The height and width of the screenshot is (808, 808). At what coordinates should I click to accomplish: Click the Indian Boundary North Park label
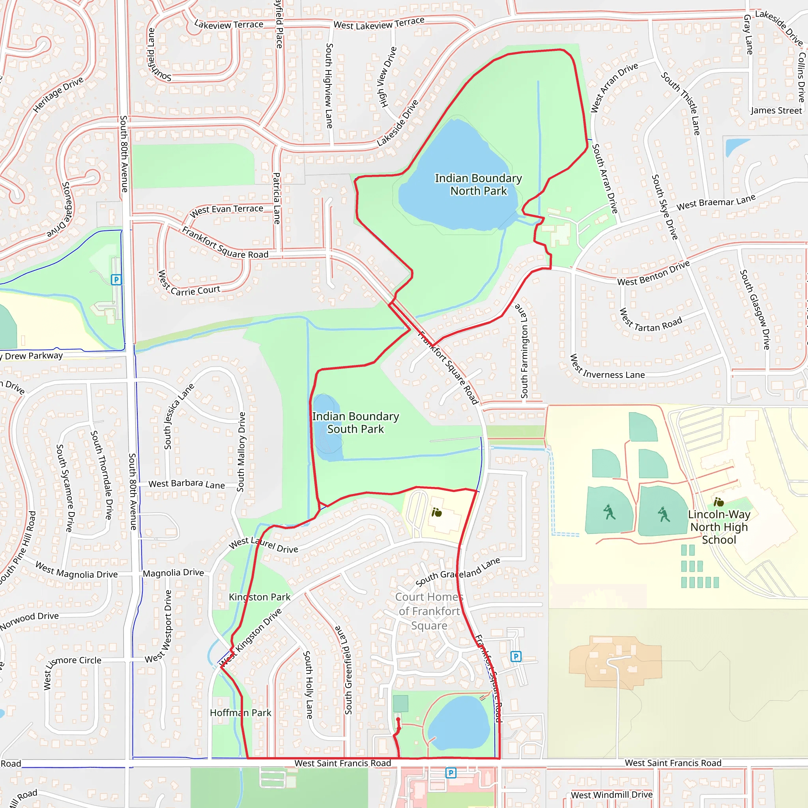click(x=478, y=184)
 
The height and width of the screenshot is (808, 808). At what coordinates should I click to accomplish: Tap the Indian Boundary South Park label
click(x=355, y=423)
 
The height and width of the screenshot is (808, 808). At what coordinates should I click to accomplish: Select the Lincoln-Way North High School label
click(x=719, y=527)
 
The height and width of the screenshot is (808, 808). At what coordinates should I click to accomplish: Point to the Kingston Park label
click(x=259, y=597)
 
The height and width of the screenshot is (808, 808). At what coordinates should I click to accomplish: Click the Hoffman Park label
click(x=241, y=713)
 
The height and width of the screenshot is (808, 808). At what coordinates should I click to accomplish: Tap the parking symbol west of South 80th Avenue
click(x=116, y=279)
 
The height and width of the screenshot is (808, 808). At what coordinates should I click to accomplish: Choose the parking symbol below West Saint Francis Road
click(x=451, y=773)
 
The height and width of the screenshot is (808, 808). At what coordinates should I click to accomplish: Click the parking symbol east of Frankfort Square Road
click(x=516, y=656)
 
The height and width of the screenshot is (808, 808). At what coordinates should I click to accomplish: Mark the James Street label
click(x=776, y=110)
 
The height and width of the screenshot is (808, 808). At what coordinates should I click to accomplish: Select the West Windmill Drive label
click(x=612, y=795)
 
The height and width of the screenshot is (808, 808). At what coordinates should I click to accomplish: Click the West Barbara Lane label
click(x=187, y=484)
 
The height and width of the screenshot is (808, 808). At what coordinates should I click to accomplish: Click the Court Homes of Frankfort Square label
click(x=429, y=611)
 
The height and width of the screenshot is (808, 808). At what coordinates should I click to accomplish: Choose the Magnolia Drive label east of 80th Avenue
click(x=173, y=573)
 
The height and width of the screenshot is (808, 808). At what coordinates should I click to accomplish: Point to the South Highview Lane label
click(x=329, y=86)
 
